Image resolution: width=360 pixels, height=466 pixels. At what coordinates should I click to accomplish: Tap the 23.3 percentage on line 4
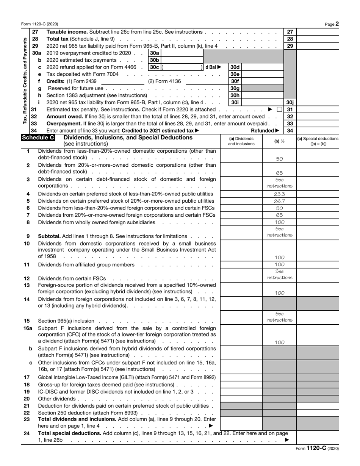(x=279, y=194)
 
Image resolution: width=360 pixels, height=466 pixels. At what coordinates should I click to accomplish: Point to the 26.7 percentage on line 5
(x=279, y=201)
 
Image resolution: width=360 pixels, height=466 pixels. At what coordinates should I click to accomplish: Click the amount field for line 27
(x=318, y=32)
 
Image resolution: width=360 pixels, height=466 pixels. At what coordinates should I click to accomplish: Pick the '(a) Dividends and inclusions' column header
(x=241, y=141)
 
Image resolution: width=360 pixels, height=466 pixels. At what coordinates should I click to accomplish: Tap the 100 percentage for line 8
(x=279, y=222)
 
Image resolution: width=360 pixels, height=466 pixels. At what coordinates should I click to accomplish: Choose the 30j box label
(x=290, y=102)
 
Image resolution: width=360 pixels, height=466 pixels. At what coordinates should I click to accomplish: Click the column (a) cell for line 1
(x=241, y=155)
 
